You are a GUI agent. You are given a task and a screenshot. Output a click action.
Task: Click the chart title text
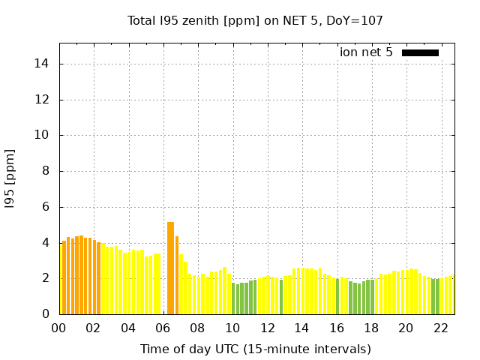(256, 21)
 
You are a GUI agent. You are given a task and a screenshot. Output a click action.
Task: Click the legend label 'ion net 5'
(366, 52)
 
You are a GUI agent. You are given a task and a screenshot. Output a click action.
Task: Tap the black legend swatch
(420, 52)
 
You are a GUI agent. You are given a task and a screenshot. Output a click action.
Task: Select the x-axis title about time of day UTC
(256, 349)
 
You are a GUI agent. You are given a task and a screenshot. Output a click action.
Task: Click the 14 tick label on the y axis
(43, 64)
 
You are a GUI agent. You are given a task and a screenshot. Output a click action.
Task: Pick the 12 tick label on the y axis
(43, 100)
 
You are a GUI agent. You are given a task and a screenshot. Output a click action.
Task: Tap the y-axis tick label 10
(43, 136)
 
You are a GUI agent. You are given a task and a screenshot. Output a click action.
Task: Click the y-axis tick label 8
(46, 171)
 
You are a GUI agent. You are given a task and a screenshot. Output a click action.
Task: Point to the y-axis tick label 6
(46, 207)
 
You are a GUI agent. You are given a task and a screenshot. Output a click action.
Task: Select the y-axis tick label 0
(46, 314)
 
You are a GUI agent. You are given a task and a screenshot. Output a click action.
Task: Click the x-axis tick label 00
(59, 328)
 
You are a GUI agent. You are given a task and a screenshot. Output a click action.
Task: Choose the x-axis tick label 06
(163, 328)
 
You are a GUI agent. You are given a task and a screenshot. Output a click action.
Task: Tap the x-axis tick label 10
(232, 328)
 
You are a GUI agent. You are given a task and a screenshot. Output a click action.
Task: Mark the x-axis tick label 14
(301, 328)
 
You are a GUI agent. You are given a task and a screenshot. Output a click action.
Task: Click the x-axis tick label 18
(371, 328)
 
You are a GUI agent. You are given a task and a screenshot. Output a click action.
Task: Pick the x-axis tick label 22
(440, 328)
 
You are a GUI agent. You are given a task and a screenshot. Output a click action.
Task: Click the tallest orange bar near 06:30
(171, 268)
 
